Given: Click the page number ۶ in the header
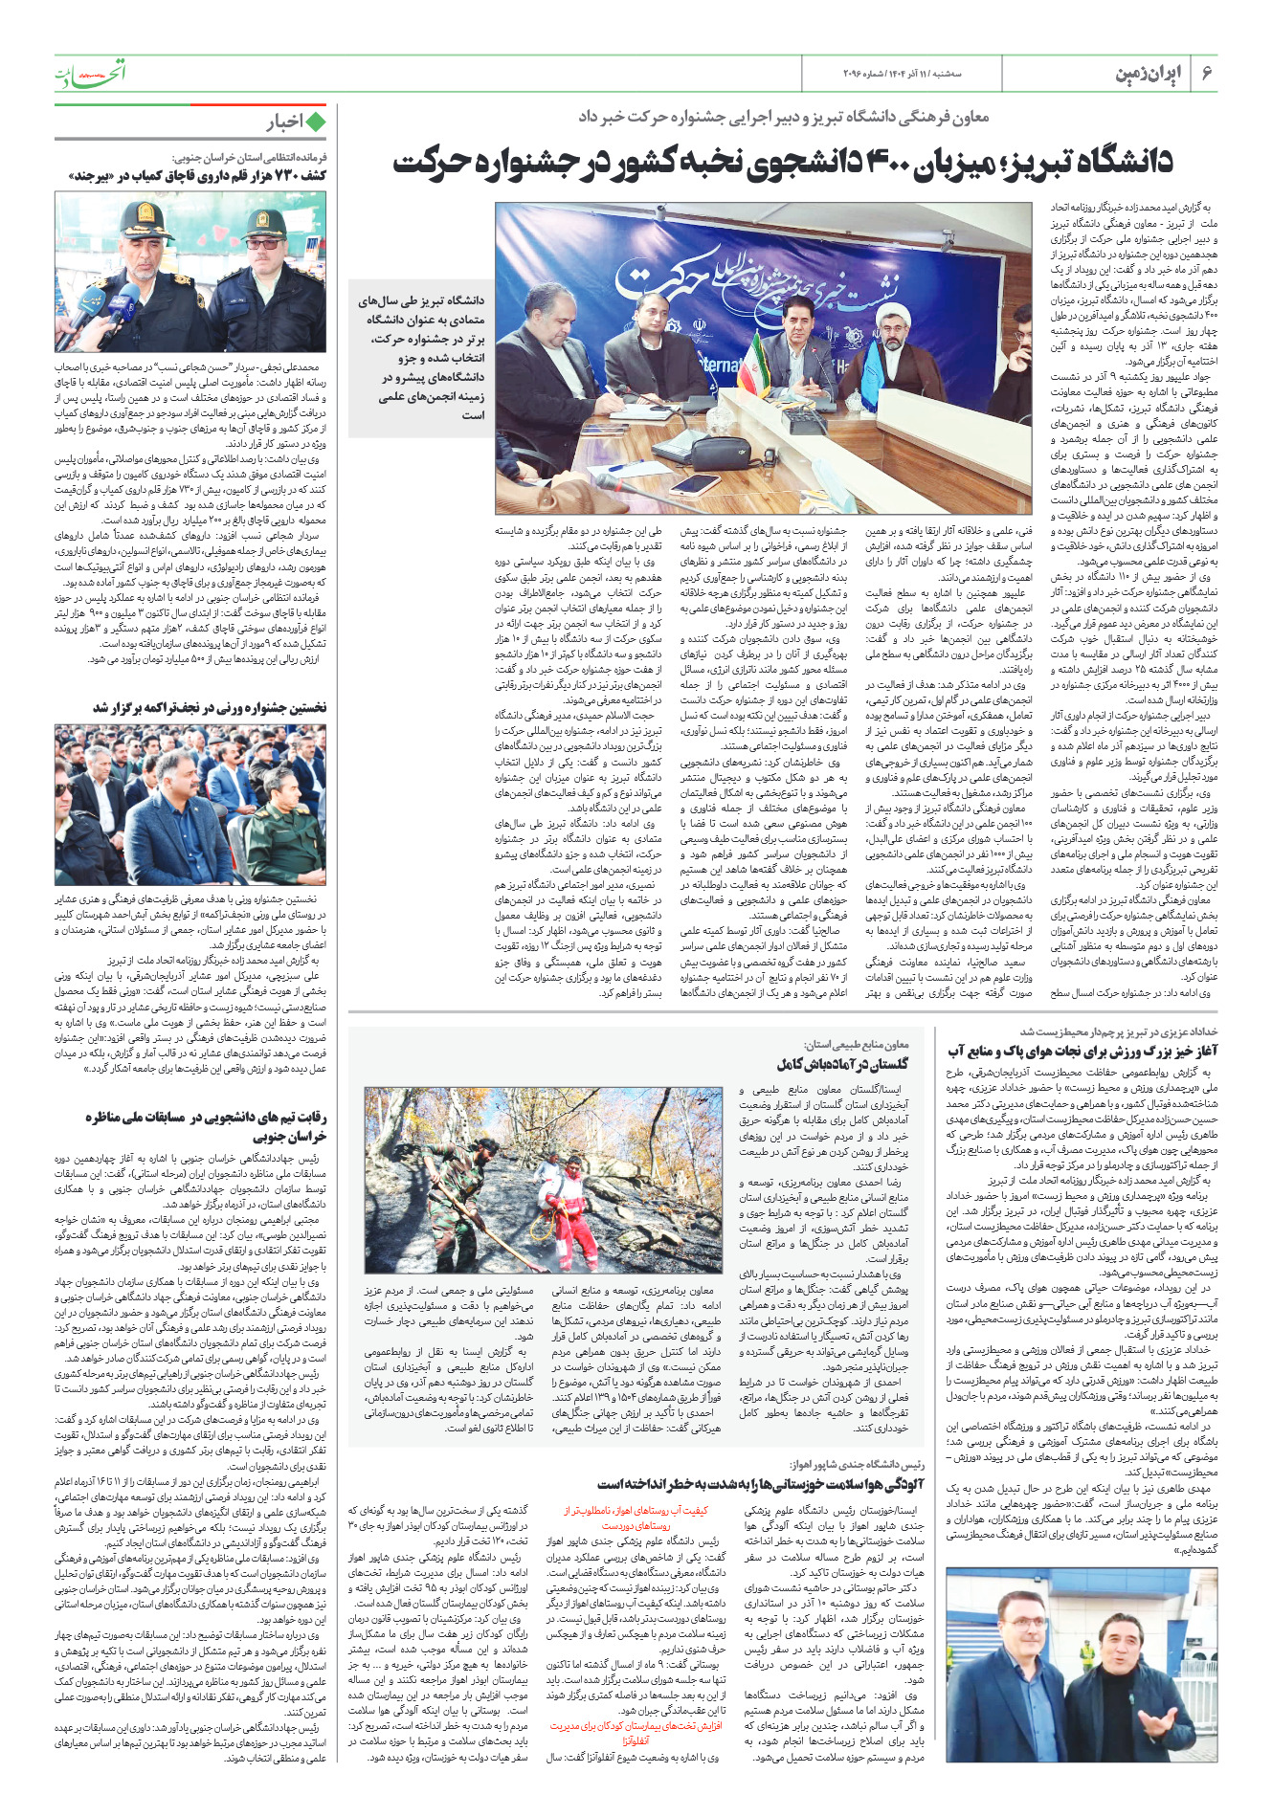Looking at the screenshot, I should point(1207,74).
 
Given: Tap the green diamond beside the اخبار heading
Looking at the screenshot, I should point(315,122).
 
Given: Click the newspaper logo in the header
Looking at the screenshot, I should point(90,72).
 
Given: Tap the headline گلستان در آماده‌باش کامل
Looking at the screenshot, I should point(843,1063).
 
